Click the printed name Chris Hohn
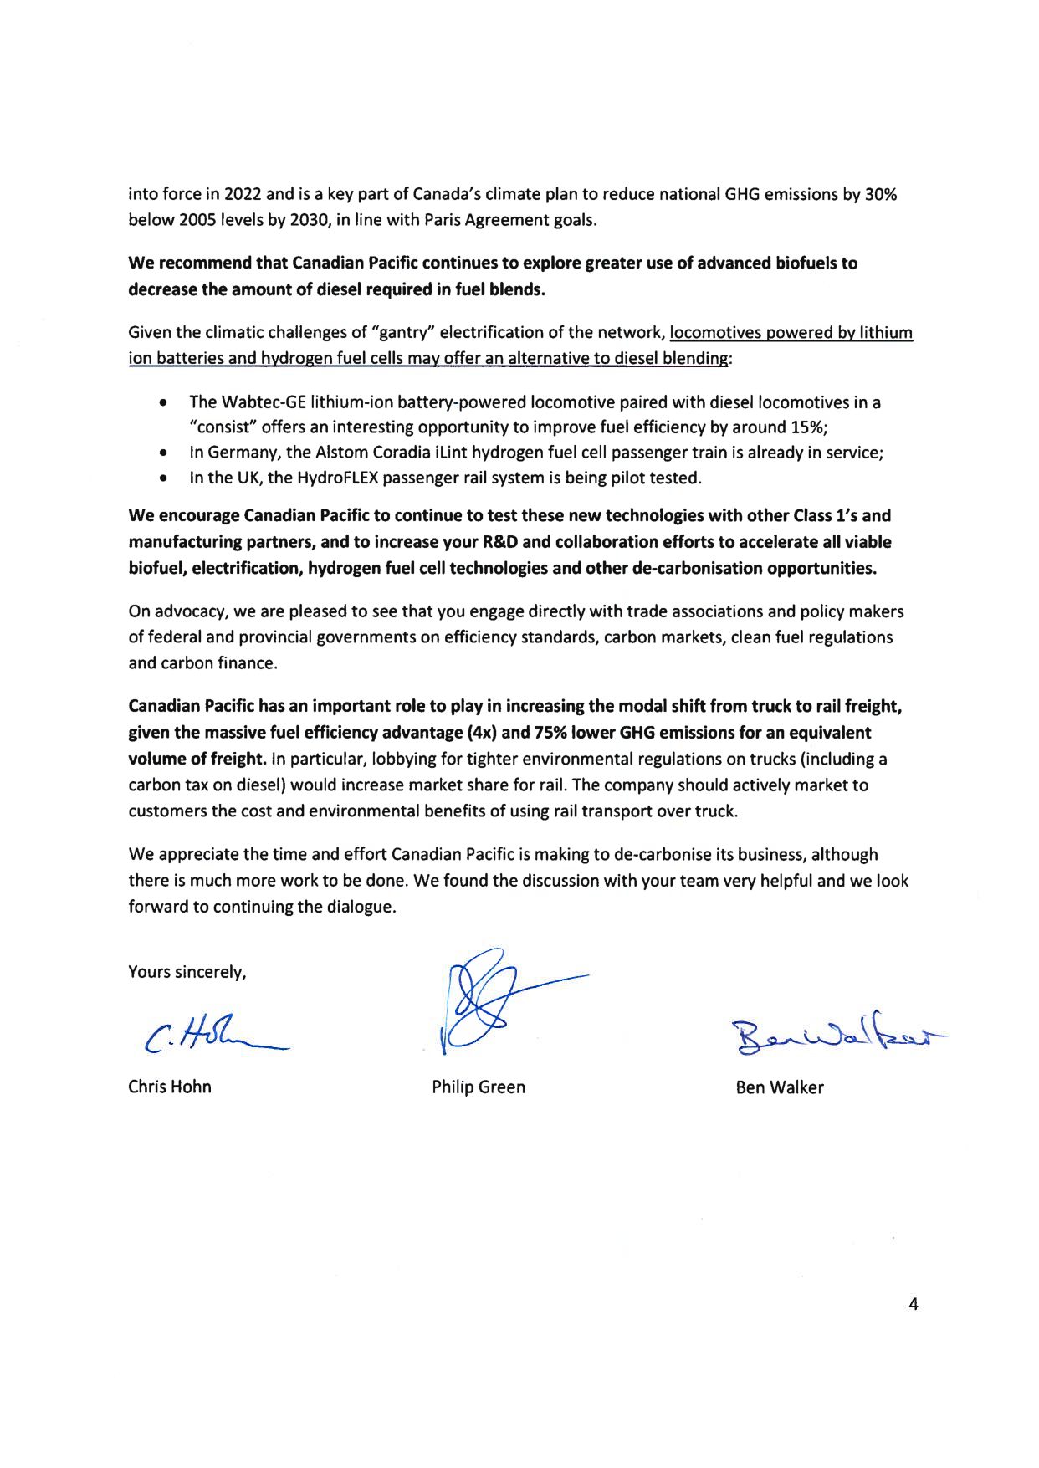[x=169, y=1087]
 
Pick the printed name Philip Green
[x=478, y=1087]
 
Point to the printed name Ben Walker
[x=779, y=1087]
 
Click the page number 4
[x=913, y=1304]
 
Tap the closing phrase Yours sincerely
[x=187, y=972]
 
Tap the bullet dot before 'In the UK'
[x=161, y=478]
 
